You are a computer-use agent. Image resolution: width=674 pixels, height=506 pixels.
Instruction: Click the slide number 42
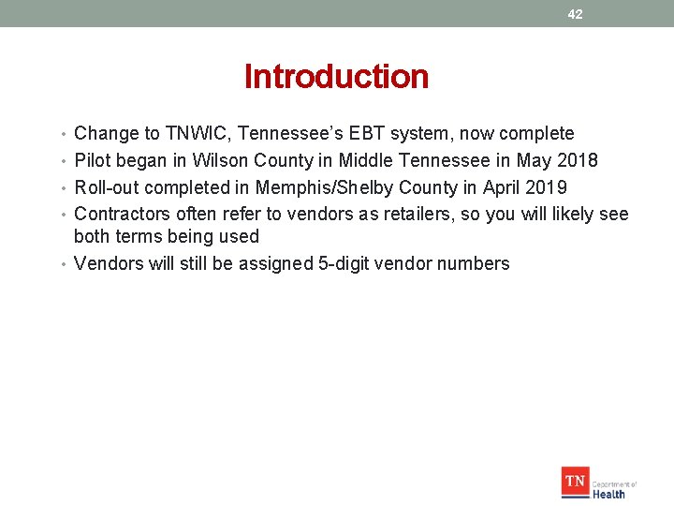(575, 14)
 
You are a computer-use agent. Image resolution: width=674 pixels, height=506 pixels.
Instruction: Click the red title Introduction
(336, 77)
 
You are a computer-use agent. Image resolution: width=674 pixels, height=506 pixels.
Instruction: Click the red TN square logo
(575, 483)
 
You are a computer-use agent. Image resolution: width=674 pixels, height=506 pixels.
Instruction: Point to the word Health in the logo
(608, 493)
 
